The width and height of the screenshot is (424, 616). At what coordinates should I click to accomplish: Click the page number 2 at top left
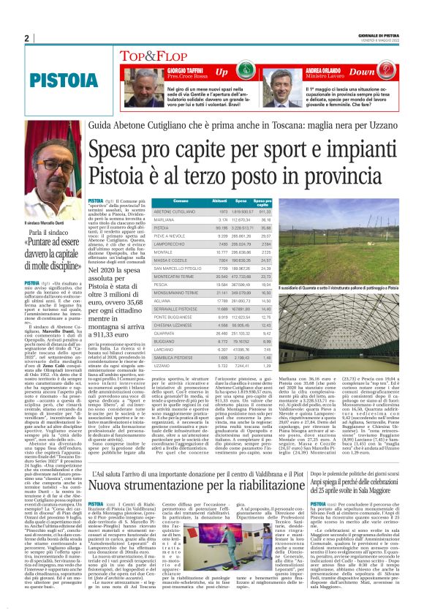pyautogui.click(x=26, y=39)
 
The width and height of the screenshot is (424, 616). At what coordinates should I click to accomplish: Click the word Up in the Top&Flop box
pyautogui.click(x=221, y=72)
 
